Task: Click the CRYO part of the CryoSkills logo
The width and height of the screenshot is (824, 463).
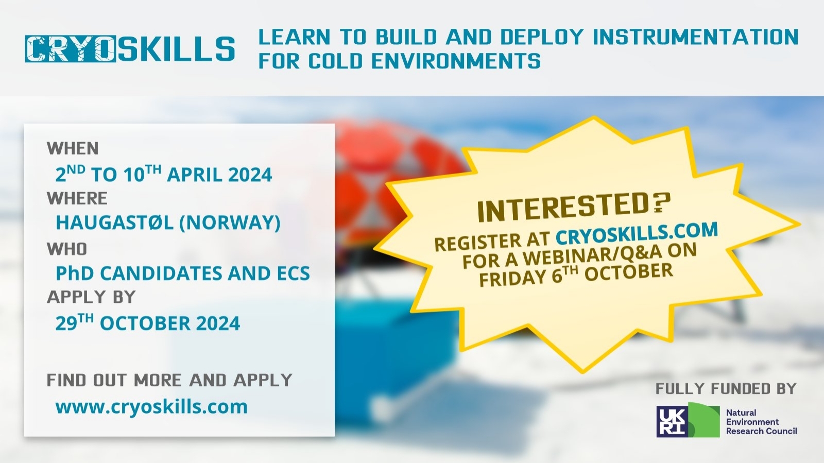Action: [x=70, y=48]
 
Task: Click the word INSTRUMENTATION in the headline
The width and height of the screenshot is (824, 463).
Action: [x=696, y=37]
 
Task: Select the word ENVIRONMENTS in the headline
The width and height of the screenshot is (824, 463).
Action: [x=456, y=61]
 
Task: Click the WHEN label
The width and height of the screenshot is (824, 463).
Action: [x=73, y=148]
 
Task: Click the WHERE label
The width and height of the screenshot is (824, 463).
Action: [x=77, y=199]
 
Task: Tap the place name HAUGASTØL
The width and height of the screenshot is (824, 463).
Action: [x=114, y=222]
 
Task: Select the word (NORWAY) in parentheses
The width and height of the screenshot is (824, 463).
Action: [x=230, y=222]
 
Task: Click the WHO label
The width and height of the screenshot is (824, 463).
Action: [x=67, y=249]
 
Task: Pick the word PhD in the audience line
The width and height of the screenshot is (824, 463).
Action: [x=75, y=273]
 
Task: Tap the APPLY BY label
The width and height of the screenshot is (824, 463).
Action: [x=91, y=297]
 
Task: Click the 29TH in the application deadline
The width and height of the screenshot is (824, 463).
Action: [x=74, y=322]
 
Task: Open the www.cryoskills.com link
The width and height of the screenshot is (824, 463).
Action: [x=151, y=407]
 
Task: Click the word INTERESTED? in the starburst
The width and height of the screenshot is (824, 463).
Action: [x=574, y=208]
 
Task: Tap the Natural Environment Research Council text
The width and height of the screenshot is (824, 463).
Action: [x=762, y=422]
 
